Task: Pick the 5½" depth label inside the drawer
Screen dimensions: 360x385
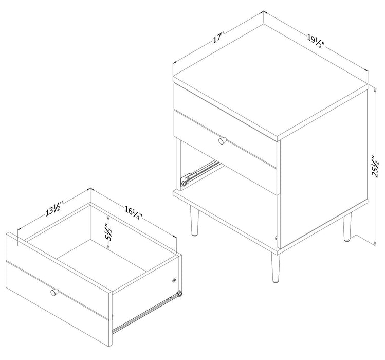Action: (107, 234)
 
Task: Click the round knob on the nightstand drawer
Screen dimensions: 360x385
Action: (222, 140)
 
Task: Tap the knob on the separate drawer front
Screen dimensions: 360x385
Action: (53, 292)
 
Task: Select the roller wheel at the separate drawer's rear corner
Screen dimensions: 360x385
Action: (179, 294)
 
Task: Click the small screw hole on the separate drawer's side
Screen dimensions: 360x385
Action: (174, 281)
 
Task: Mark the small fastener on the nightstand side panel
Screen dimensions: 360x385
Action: (277, 238)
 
